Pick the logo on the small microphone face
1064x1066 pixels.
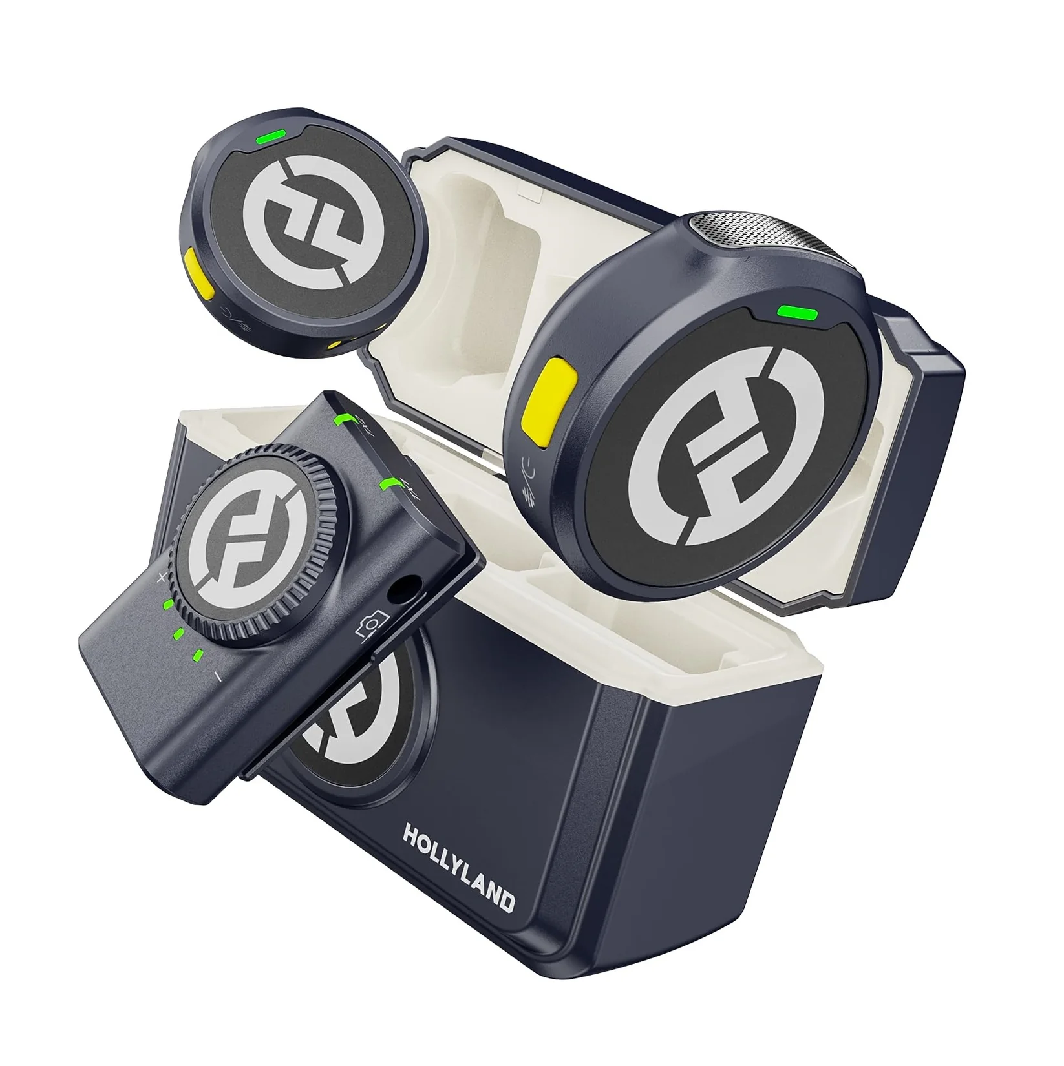pyautogui.click(x=303, y=226)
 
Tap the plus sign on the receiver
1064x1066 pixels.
pyautogui.click(x=162, y=578)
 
